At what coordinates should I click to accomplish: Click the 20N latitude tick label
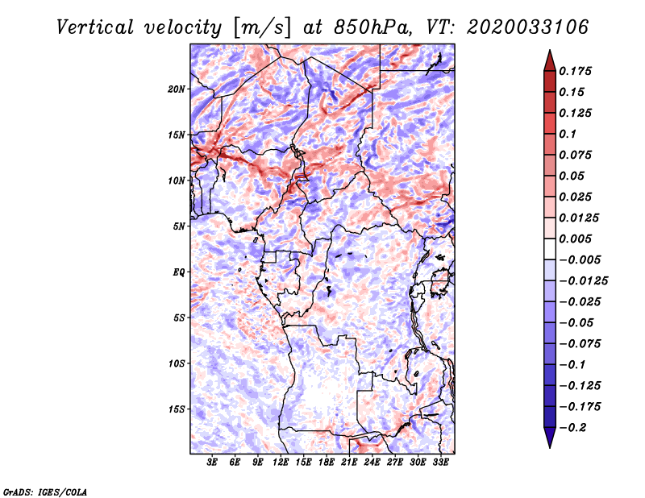176,89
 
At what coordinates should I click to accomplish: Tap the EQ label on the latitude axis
178,272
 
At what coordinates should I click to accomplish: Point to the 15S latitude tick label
176,409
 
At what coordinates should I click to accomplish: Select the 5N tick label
178,226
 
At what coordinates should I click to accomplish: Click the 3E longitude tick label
212,463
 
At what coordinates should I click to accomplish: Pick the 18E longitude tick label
327,463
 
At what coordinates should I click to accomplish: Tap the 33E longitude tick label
440,463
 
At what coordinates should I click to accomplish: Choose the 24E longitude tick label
372,463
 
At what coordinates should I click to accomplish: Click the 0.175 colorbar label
575,71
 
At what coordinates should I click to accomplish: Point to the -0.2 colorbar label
572,428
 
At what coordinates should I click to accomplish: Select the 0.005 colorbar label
575,239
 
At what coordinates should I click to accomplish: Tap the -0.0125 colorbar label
583,281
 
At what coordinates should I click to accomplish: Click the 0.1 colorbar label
568,134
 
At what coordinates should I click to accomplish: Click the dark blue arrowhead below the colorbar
550,438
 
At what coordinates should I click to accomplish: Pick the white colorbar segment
550,249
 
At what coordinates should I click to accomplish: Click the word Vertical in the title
95,27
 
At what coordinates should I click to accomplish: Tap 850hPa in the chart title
372,27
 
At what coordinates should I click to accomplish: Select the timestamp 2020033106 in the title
528,27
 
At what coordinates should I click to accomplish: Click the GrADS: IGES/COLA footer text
45,492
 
